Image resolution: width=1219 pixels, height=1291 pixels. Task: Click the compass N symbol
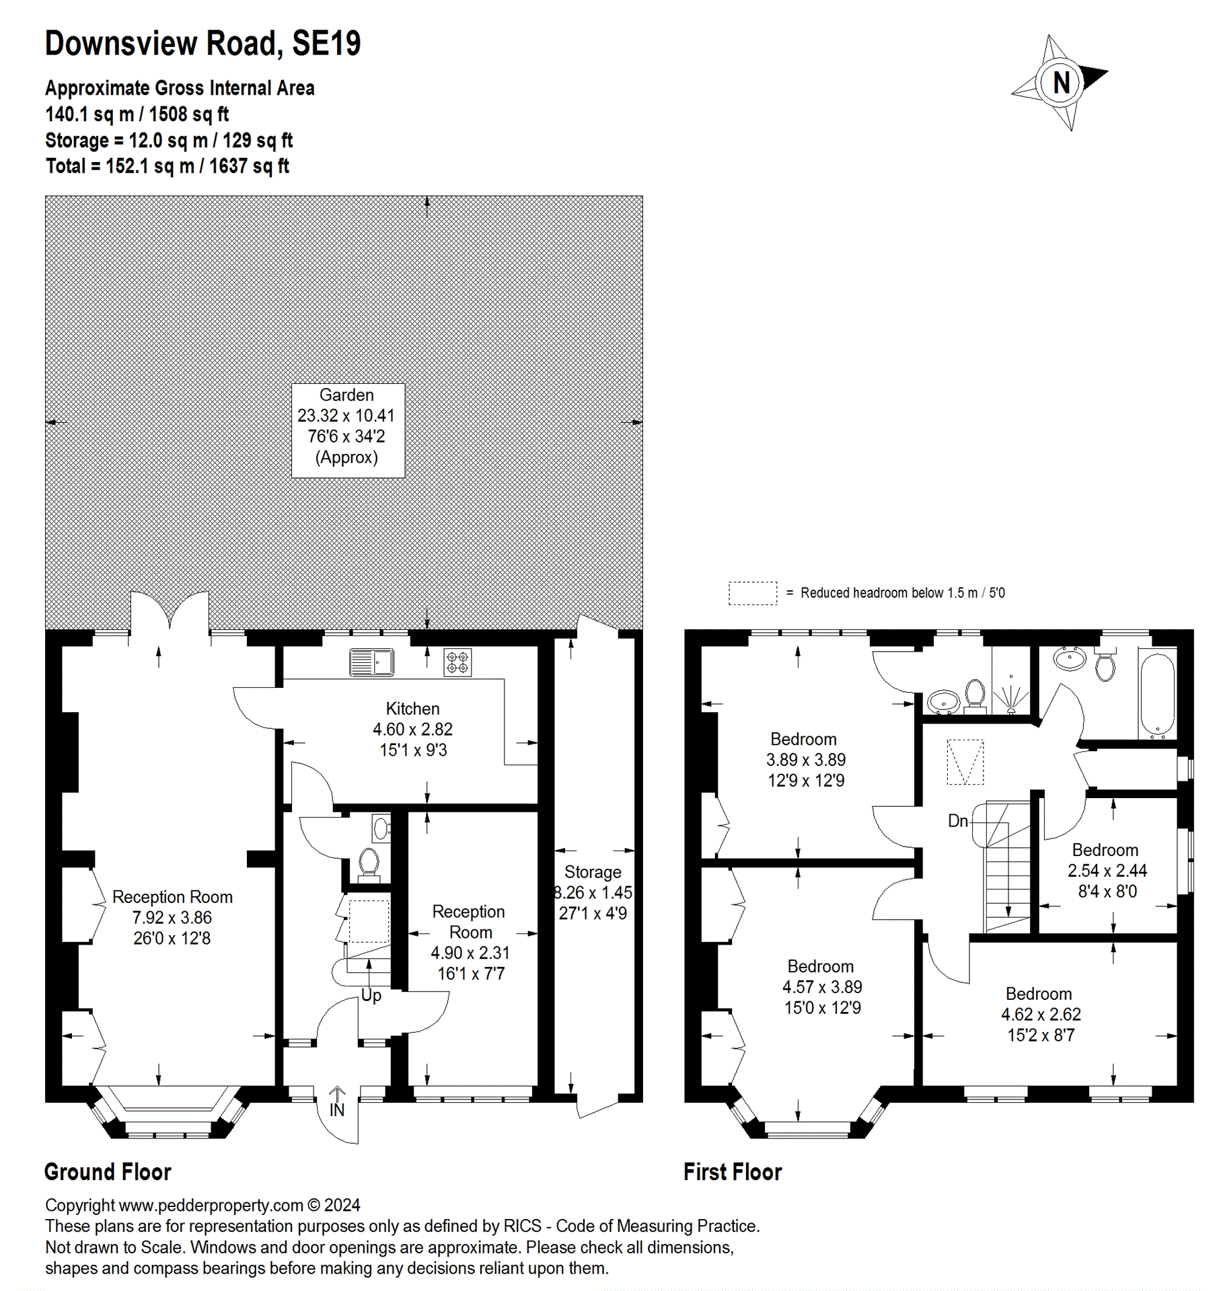point(1061,83)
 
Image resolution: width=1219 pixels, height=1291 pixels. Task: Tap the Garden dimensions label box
point(347,430)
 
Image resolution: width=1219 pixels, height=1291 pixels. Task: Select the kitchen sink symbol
point(371,662)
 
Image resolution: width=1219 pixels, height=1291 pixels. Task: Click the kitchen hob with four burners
point(457,662)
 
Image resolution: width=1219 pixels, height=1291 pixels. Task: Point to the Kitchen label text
point(412,709)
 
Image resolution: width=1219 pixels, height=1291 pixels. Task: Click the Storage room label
point(592,872)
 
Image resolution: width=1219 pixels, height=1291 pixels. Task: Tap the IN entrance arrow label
point(337,1110)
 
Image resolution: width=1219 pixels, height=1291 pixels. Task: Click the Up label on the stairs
point(371,996)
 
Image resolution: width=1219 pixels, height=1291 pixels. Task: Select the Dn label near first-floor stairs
point(957,821)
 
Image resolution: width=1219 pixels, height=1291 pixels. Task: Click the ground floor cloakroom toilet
point(369,863)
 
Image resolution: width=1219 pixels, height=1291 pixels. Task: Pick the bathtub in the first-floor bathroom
point(1157,695)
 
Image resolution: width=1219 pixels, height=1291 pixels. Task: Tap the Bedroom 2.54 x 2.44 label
point(1106,870)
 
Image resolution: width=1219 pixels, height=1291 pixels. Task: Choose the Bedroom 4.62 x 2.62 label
point(1040,1014)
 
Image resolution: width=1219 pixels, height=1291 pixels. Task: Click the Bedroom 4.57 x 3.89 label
point(821,986)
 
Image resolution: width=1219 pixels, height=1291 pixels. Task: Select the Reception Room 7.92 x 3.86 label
point(172,917)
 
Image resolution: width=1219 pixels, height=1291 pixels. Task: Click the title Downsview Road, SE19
point(202,44)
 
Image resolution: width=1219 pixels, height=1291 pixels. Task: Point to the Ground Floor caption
point(108,1172)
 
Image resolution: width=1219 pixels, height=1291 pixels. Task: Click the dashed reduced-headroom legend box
point(752,593)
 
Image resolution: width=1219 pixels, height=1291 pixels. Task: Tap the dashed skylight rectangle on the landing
point(965,762)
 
